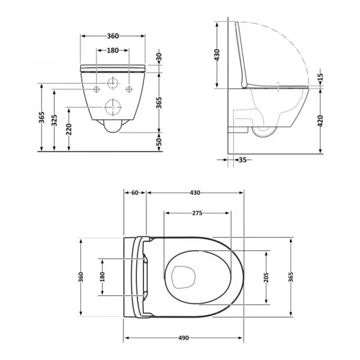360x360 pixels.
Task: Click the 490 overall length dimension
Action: (184, 338)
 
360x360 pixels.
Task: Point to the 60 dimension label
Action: (135, 193)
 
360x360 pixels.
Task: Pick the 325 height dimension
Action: (55, 120)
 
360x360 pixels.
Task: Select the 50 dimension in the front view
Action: (159, 142)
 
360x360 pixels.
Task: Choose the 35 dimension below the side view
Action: (242, 160)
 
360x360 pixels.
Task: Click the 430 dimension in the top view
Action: (195, 193)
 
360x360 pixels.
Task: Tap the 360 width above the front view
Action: (112, 36)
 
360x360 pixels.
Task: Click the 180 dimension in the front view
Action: (112, 50)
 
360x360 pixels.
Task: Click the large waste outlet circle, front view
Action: (112, 107)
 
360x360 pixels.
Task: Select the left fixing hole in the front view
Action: (97, 89)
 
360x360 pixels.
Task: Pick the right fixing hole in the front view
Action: (128, 89)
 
